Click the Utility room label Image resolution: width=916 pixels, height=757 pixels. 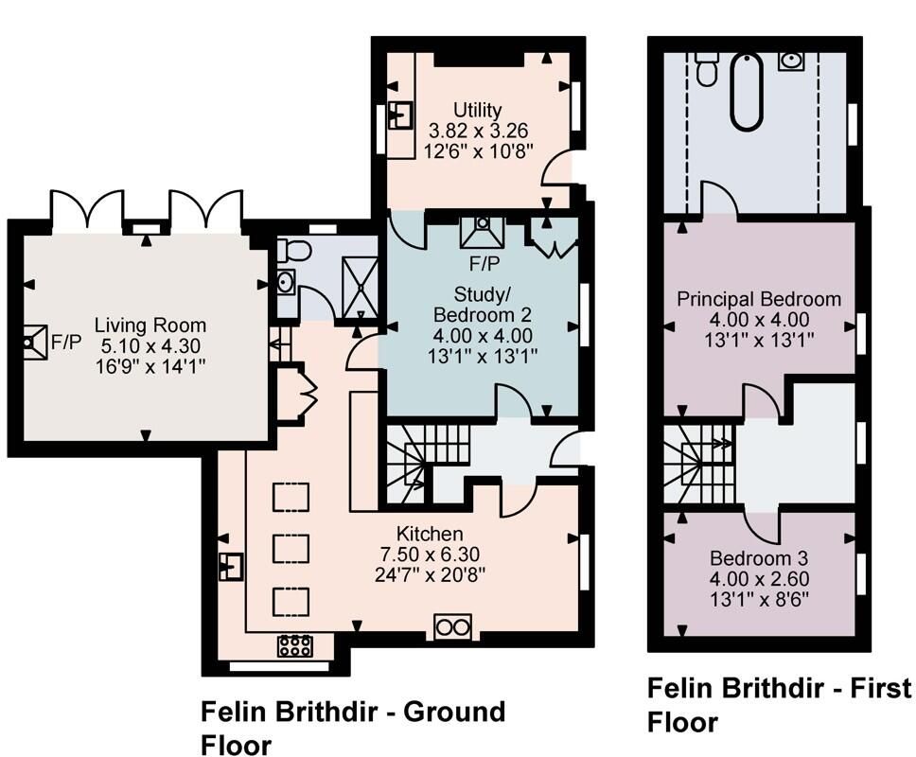point(477,110)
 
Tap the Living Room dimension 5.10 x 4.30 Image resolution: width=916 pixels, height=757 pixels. point(150,345)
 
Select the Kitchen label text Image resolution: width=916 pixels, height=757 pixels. point(430,534)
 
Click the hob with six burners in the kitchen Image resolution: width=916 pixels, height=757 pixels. point(294,645)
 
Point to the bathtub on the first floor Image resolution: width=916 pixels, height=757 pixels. point(748,91)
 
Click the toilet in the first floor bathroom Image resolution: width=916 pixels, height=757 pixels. point(707,69)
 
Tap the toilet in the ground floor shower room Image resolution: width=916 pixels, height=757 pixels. point(294,251)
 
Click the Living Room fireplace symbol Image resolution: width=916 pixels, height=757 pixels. point(34,342)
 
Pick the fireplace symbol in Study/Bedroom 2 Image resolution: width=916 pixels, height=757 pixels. point(482,232)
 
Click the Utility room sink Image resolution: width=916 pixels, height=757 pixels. point(401,115)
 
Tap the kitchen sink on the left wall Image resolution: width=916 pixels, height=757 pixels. point(231,567)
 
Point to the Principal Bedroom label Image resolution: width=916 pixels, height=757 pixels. point(759,299)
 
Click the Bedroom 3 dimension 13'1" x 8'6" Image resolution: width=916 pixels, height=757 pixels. point(759,599)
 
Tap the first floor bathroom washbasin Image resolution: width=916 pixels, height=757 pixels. point(791,61)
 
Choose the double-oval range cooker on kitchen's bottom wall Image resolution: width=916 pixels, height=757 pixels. point(452,627)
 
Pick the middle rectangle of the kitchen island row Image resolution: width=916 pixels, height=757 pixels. point(291,549)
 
